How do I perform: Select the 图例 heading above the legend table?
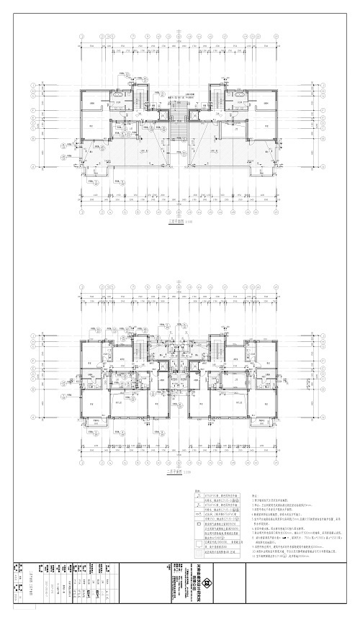(x=199, y=492)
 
